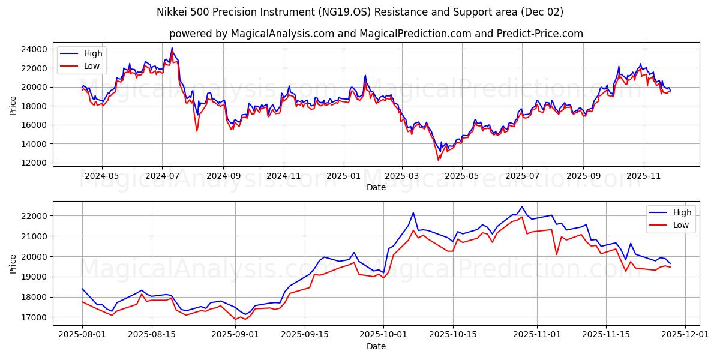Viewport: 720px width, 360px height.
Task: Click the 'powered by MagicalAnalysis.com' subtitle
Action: (376, 34)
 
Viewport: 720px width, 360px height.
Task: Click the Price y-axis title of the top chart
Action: (13, 106)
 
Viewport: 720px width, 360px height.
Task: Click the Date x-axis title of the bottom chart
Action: (376, 347)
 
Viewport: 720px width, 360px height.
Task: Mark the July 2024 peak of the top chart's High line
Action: (172, 48)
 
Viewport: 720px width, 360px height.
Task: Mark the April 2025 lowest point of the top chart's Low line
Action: (438, 160)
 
